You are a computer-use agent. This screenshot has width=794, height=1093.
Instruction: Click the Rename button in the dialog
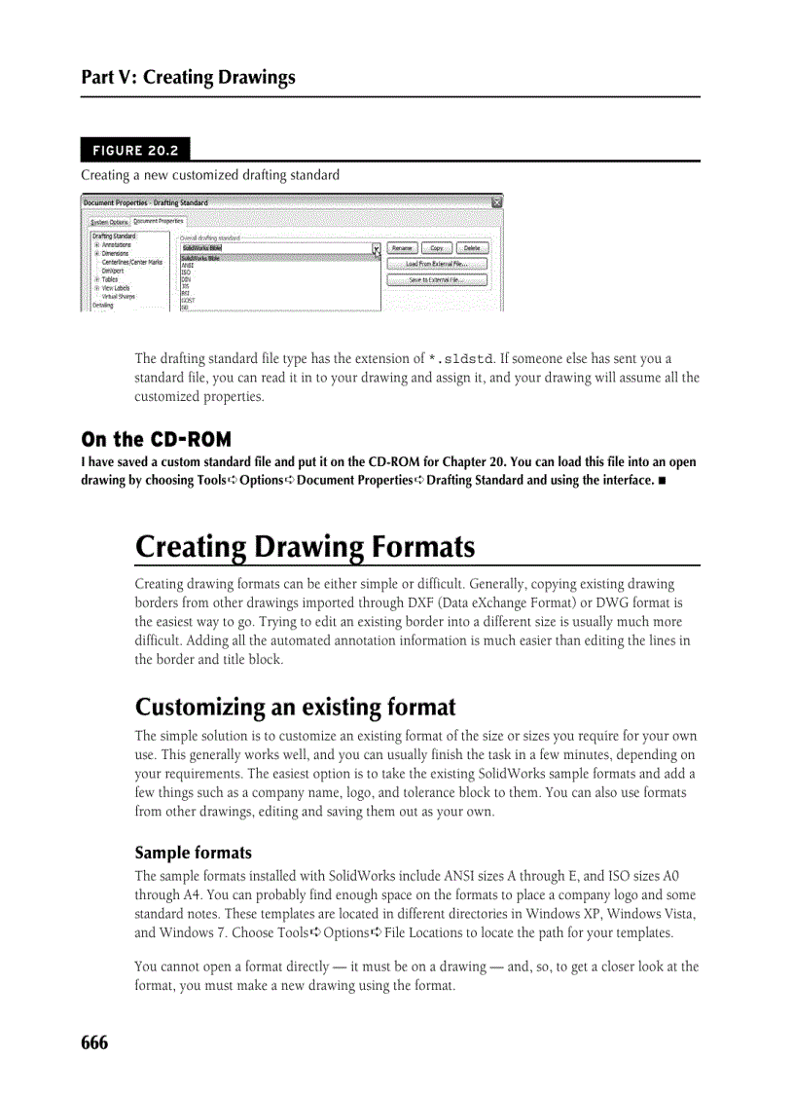[x=402, y=248]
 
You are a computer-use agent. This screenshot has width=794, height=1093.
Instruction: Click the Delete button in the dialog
[x=471, y=248]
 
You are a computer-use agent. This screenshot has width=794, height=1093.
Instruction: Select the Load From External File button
[x=436, y=264]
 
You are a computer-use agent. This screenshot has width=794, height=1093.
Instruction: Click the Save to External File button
[x=436, y=279]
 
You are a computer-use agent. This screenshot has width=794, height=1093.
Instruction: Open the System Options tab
[x=108, y=222]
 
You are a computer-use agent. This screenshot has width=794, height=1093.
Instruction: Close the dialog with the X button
[x=496, y=202]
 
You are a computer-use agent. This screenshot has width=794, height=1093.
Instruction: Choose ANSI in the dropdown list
[x=188, y=265]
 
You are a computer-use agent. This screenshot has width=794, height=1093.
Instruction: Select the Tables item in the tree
[x=110, y=278]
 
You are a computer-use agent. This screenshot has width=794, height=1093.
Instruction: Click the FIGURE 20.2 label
[x=135, y=150]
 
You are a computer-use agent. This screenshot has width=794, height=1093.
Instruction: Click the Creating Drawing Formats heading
[x=305, y=547]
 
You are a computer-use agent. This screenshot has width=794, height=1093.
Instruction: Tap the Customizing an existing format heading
[x=295, y=706]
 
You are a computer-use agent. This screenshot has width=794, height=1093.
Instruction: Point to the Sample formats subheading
[x=193, y=853]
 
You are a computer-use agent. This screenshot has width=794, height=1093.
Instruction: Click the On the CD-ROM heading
[x=156, y=439]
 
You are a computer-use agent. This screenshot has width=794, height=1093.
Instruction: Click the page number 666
[x=94, y=1043]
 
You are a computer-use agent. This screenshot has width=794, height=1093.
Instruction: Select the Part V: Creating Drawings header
[x=188, y=77]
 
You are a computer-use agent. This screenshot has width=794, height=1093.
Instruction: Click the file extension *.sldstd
[x=460, y=359]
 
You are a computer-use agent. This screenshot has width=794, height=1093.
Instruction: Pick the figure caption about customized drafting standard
[x=210, y=175]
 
